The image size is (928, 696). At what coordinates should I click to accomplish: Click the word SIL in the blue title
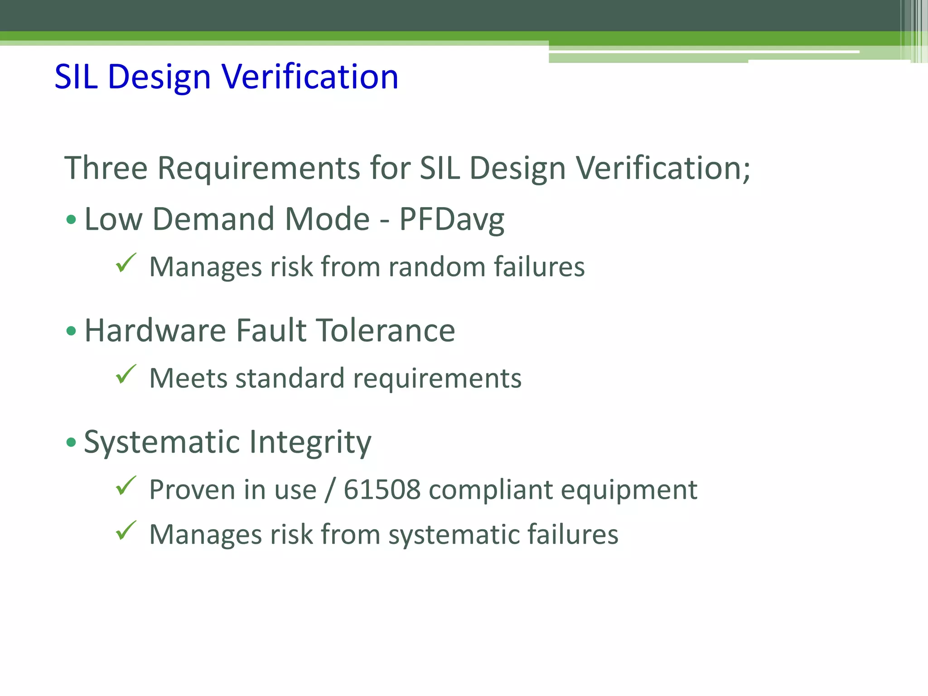tap(76, 77)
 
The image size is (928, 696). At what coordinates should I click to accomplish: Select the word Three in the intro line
tap(106, 168)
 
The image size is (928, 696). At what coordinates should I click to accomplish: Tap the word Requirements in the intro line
tap(259, 168)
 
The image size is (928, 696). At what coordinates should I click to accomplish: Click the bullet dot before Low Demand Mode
tap(71, 220)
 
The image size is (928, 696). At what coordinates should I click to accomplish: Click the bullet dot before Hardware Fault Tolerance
tap(71, 331)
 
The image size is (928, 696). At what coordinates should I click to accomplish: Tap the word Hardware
tap(155, 330)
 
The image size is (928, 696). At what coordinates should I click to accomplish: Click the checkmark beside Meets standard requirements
tap(126, 374)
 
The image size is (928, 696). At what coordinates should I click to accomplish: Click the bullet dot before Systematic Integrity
tap(71, 442)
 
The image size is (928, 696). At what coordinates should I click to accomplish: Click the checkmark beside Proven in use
tap(126, 486)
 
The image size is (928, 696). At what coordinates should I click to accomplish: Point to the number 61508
tap(382, 490)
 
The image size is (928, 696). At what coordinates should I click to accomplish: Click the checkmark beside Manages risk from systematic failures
tap(126, 531)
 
